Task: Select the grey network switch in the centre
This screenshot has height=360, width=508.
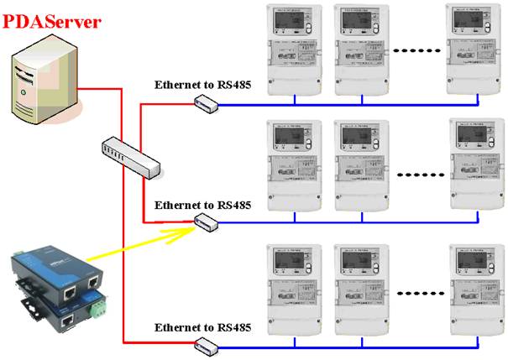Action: coord(130,157)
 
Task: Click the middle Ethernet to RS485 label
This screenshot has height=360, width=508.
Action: coord(202,204)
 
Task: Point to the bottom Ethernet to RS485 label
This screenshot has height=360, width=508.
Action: coord(202,326)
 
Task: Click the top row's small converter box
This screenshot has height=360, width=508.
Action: coord(206,102)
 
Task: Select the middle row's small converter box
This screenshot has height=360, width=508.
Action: coord(206,222)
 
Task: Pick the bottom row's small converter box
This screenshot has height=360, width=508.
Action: coord(206,344)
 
